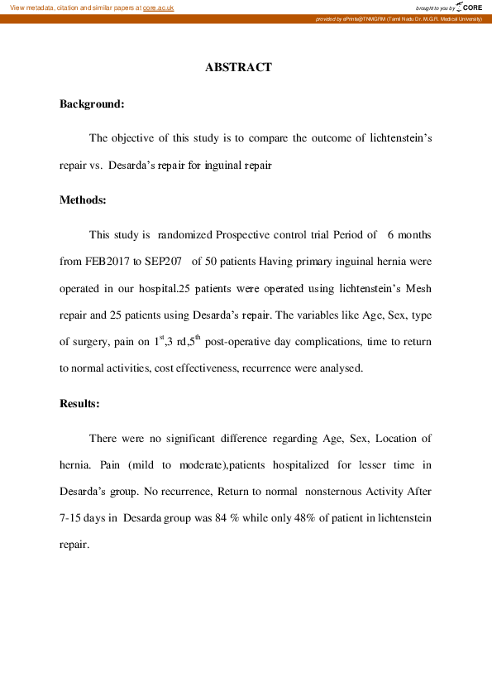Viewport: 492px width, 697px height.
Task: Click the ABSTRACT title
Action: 238,67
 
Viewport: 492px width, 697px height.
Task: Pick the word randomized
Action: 185,235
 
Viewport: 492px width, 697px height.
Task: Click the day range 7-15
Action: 73,518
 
